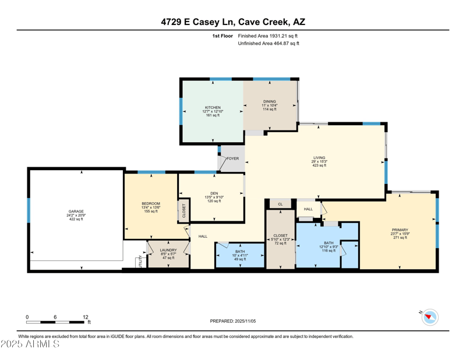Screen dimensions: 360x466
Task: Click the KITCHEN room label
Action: (x=213, y=108)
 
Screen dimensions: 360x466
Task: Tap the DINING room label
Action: (x=269, y=101)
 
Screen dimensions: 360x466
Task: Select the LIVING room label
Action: (x=319, y=157)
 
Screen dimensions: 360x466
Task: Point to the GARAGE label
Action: (x=76, y=211)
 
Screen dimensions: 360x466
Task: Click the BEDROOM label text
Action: (x=151, y=203)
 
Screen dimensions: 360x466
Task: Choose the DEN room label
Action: (x=214, y=193)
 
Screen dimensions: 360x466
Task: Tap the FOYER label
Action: (x=232, y=158)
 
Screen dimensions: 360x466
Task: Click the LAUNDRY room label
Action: (x=168, y=250)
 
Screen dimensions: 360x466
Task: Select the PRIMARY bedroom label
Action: (x=400, y=230)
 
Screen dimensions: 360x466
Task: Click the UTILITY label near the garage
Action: (x=139, y=262)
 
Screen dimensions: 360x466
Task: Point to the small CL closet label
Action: (x=280, y=204)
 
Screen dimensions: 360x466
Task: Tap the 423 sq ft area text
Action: (x=319, y=165)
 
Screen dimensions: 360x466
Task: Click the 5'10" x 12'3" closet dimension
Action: (x=281, y=239)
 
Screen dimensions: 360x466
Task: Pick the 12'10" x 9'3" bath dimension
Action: (x=329, y=246)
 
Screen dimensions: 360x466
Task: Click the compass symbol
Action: (x=430, y=317)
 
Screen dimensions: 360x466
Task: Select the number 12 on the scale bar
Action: (x=85, y=317)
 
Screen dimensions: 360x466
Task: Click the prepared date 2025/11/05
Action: (x=232, y=321)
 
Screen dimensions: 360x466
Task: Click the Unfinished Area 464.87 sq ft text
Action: (x=269, y=44)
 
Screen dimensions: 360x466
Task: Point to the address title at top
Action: (x=233, y=22)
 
